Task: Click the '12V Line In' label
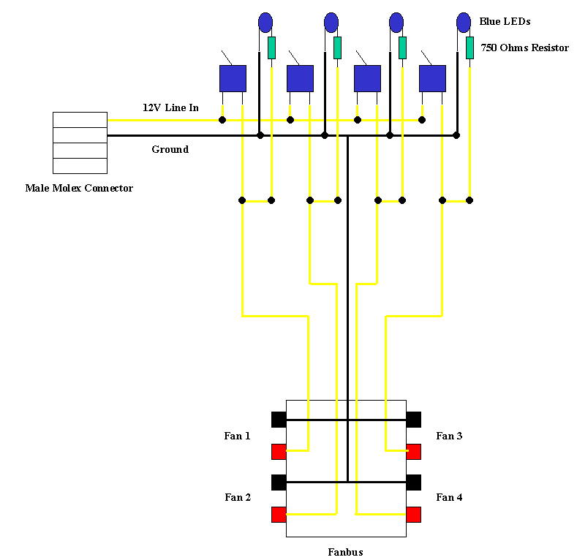(x=170, y=107)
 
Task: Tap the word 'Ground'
(x=170, y=150)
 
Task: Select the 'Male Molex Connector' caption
(x=79, y=189)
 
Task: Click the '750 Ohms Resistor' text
(x=524, y=48)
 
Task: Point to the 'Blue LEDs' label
(x=505, y=22)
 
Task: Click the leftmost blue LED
(x=265, y=23)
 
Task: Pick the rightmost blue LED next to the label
(x=464, y=23)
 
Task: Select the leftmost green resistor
(x=271, y=48)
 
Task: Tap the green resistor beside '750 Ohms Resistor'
(x=469, y=48)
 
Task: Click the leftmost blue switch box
(x=233, y=78)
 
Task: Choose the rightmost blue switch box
(x=432, y=78)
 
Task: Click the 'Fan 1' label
(x=237, y=436)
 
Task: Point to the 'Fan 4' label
(x=449, y=498)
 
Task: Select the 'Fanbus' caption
(x=345, y=552)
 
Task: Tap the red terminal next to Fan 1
(x=279, y=452)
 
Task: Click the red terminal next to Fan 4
(x=414, y=514)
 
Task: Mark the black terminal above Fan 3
(x=414, y=420)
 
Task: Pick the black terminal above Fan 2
(x=279, y=483)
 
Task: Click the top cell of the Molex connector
(x=80, y=120)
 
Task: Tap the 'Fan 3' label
(x=449, y=436)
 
